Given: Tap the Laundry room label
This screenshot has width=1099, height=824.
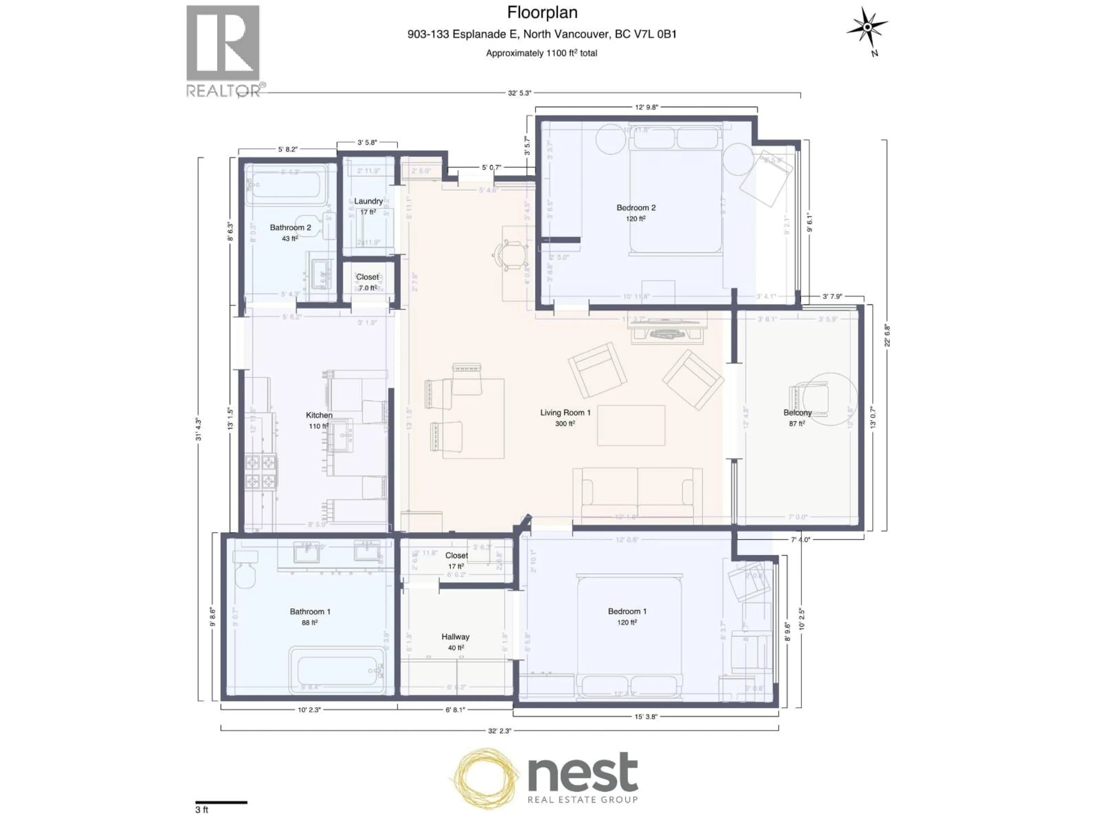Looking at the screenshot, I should click(368, 201).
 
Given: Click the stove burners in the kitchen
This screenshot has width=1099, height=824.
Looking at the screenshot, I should click(260, 471).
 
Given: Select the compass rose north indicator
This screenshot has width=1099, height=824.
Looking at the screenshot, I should click(867, 28).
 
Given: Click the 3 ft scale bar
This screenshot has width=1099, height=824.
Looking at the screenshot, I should click(221, 802).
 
